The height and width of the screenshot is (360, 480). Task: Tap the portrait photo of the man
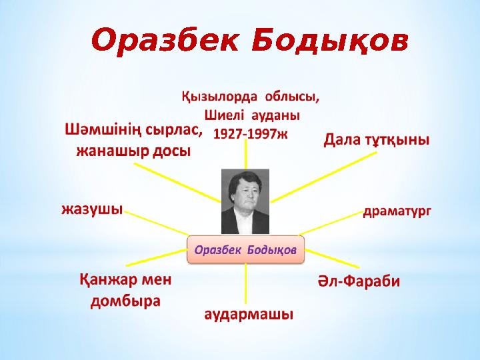(x=245, y=201)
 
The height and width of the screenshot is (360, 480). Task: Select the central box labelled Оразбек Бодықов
(x=245, y=249)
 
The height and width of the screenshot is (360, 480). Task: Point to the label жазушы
(x=92, y=209)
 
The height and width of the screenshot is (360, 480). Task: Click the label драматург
(x=397, y=211)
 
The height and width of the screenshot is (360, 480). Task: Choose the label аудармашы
(x=248, y=313)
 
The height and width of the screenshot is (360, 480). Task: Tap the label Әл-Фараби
(x=357, y=281)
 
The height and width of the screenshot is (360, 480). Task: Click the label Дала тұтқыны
(x=377, y=140)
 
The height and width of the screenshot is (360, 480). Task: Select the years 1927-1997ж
(x=249, y=133)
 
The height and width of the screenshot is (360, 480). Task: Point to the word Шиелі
(x=213, y=115)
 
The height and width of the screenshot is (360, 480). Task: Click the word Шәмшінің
(x=104, y=129)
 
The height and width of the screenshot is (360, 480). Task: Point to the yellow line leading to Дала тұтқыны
(x=327, y=175)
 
